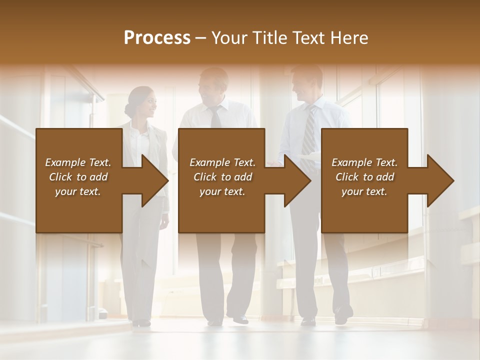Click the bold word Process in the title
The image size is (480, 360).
click(157, 38)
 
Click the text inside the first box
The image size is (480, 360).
click(78, 177)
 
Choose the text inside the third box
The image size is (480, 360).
click(364, 177)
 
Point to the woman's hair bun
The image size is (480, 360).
click(129, 109)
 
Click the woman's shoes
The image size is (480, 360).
click(141, 323)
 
